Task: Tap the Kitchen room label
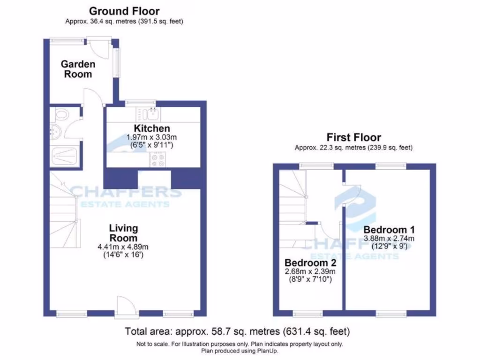click(152, 128)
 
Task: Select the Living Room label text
click(124, 233)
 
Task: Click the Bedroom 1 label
click(389, 230)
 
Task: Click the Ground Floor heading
click(124, 11)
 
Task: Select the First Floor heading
click(353, 137)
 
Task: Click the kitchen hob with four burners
click(157, 160)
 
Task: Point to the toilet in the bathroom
click(61, 114)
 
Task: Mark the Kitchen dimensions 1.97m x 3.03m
click(152, 137)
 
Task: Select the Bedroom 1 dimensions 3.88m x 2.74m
click(389, 239)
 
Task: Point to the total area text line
click(237, 331)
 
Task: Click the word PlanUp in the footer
click(265, 350)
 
